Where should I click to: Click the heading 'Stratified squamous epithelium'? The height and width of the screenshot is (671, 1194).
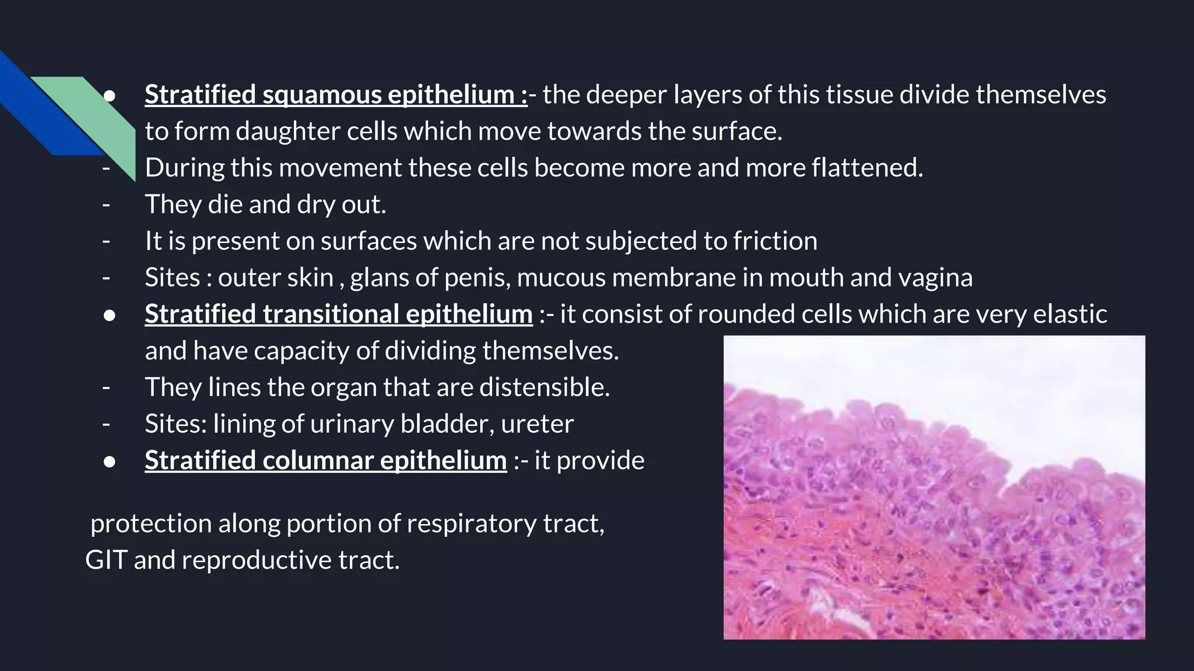click(x=335, y=94)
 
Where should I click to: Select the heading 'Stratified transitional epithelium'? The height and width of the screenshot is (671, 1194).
click(x=338, y=314)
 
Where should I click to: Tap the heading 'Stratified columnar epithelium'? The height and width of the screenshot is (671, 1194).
click(x=325, y=460)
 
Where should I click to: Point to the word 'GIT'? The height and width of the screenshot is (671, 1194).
click(x=106, y=560)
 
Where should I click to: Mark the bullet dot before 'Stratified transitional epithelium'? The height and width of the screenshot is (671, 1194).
click(x=109, y=315)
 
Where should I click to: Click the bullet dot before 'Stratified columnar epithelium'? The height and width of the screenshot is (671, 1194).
click(x=109, y=461)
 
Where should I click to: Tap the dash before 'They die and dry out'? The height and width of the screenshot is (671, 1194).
click(x=106, y=205)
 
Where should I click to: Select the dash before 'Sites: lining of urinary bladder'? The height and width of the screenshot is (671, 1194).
click(x=106, y=424)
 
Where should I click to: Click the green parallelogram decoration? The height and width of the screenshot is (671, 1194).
click(x=93, y=116)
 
